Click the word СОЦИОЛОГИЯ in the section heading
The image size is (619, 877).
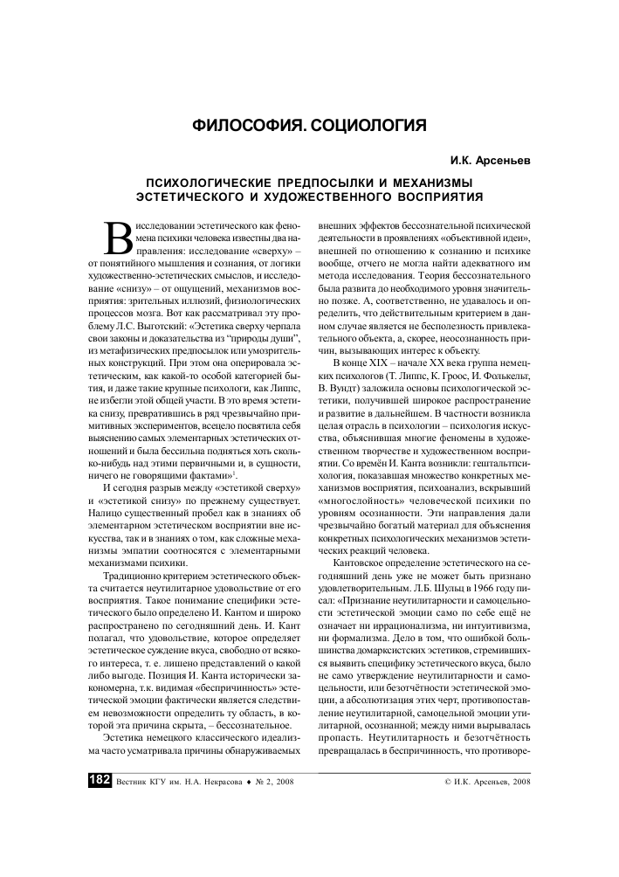(368, 126)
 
